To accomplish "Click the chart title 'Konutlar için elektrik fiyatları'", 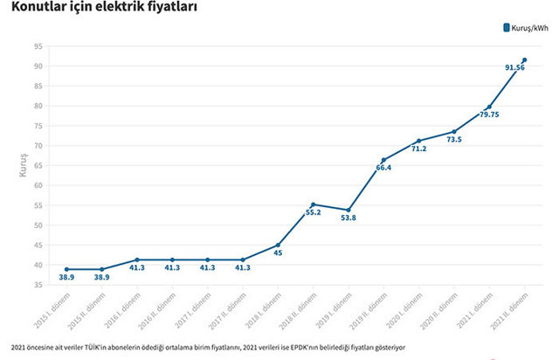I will point(104,10).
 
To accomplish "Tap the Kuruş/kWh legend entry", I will point(523,28).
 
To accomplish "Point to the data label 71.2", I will point(418,149).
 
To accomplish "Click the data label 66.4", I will point(383,168).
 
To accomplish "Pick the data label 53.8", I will point(348,218).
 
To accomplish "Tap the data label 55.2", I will point(313,212).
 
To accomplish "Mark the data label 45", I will point(278,253).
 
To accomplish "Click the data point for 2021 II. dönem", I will point(524,59).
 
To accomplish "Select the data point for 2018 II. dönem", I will point(313,204).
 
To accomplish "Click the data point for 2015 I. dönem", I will point(66,269).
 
